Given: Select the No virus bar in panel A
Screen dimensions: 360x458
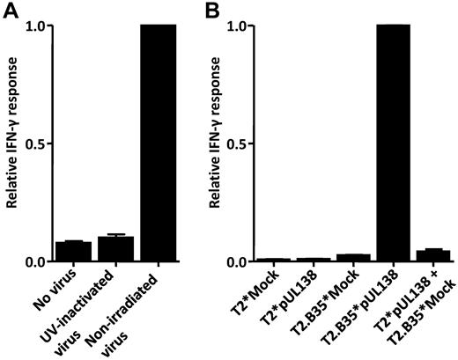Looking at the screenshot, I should (73, 252).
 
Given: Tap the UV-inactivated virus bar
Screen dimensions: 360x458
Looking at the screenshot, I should (115, 249).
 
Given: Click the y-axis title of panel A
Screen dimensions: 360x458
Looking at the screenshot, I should (13, 143).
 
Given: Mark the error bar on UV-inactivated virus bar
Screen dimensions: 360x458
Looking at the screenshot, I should (115, 235).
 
